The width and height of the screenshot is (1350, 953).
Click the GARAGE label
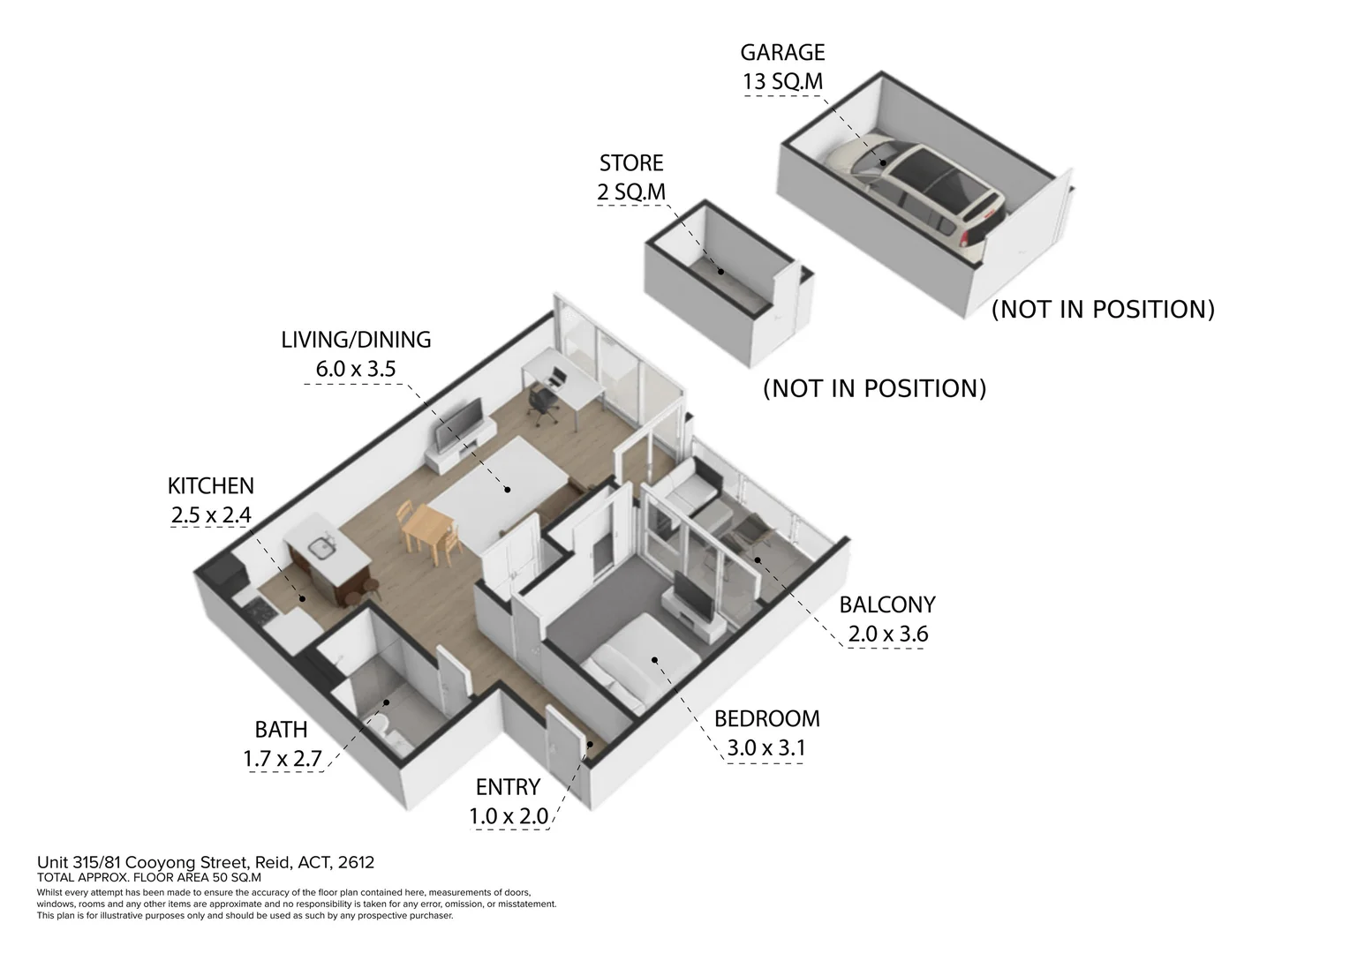click(782, 52)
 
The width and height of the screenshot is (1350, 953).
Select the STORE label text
click(630, 163)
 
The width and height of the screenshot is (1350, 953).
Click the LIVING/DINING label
click(356, 340)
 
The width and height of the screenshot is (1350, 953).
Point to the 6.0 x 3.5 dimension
click(356, 369)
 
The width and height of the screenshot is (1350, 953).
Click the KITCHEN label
click(210, 486)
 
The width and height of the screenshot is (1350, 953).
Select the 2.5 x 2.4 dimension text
click(210, 514)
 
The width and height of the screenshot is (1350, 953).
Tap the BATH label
click(281, 730)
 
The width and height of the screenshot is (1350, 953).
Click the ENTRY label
click(508, 787)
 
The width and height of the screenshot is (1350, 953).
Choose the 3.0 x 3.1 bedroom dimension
click(766, 748)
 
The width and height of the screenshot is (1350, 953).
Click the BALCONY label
click(886, 605)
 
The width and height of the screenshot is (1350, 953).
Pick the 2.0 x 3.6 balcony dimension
click(887, 634)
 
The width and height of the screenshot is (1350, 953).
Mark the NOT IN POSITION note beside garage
click(1103, 310)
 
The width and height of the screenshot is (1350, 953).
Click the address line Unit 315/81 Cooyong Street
click(211, 862)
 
